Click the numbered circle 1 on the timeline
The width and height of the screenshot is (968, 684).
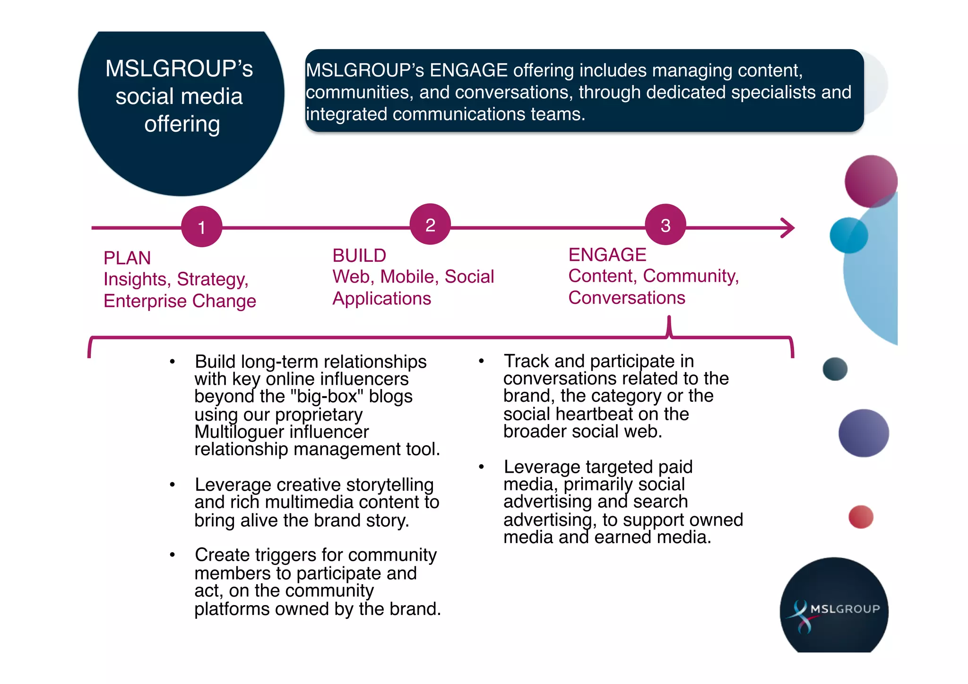pos(202,227)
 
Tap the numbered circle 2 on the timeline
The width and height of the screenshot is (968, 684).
pos(430,225)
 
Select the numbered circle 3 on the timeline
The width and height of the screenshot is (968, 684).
pos(665,225)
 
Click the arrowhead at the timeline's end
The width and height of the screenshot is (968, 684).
pos(788,228)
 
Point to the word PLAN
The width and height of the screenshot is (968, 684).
pos(127,258)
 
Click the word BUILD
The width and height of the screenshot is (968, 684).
pos(359,256)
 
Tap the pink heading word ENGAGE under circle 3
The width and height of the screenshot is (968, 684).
pos(607,255)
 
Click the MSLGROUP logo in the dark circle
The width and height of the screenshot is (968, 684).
pos(835,609)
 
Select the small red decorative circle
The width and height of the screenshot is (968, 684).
pos(861,517)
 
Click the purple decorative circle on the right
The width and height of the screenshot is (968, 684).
pos(864,433)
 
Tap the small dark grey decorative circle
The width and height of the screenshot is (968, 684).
pos(835,369)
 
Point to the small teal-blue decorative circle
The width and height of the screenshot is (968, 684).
pos(848,235)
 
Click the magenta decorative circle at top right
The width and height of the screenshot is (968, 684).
pos(871,181)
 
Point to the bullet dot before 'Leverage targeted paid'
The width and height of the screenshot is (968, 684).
pos(481,467)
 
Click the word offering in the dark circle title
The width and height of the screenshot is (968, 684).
pos(182,125)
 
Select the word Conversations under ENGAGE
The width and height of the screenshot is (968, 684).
pos(627,298)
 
